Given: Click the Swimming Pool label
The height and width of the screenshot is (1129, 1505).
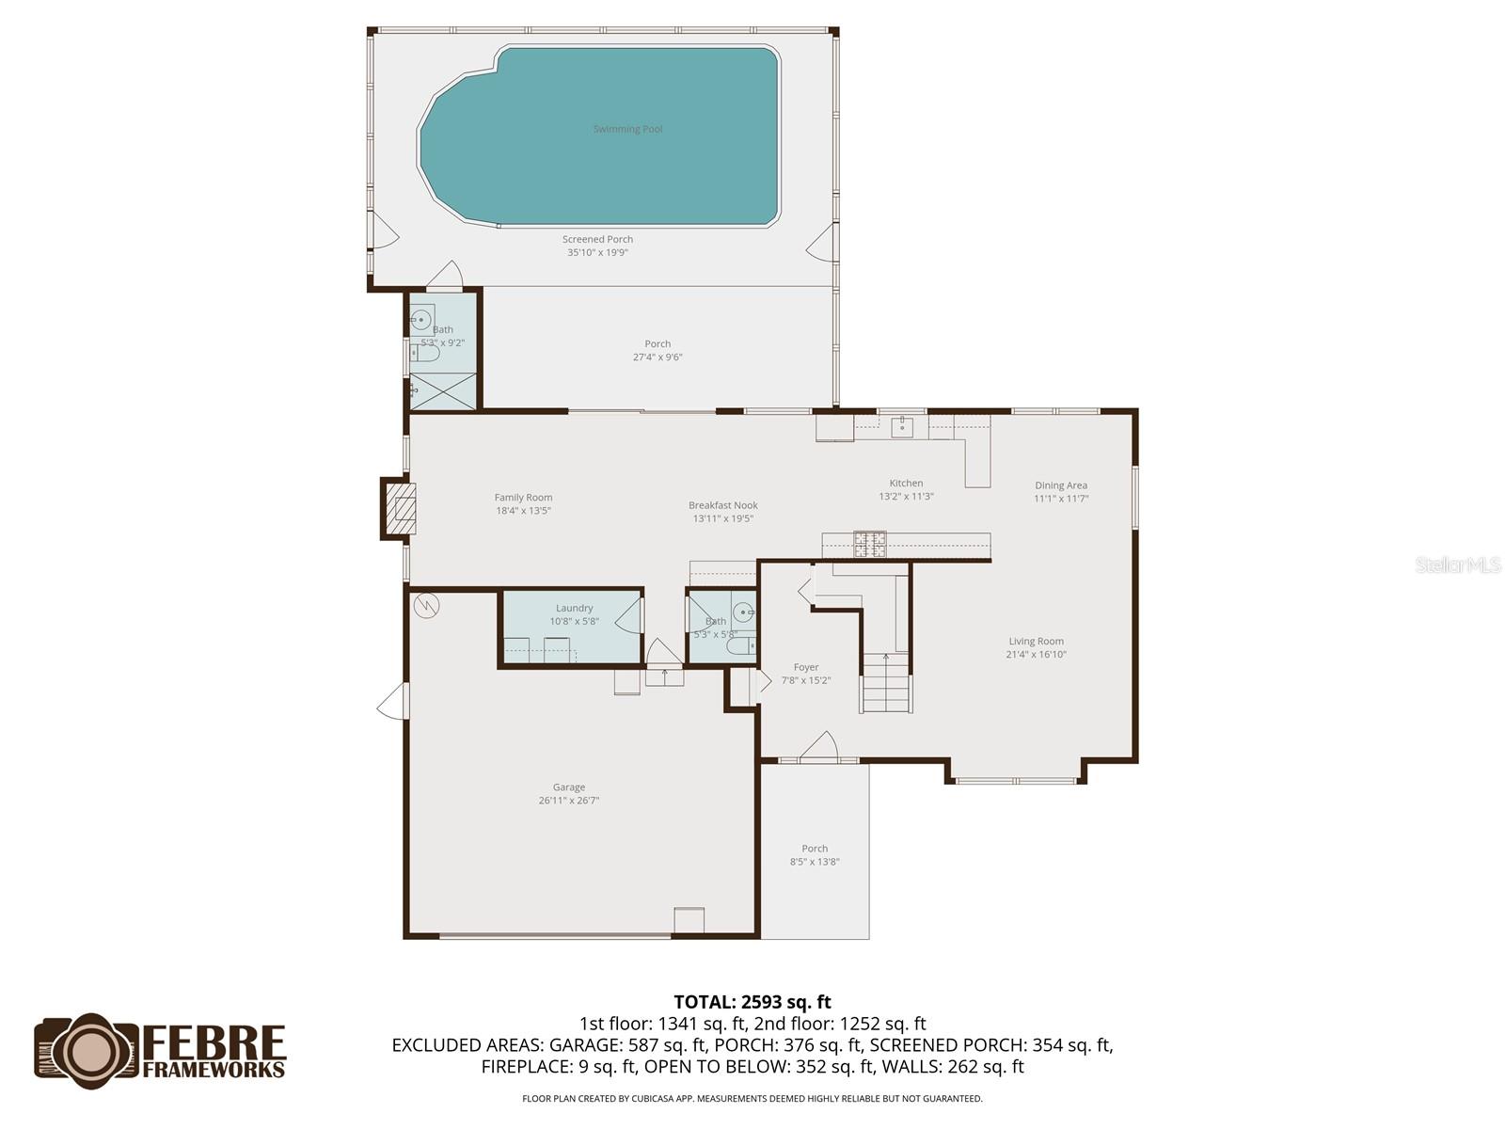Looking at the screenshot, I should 627,129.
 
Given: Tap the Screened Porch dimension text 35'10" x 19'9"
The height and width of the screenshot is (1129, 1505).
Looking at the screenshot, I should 597,252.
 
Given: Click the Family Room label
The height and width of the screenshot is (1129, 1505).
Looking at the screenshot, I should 523,498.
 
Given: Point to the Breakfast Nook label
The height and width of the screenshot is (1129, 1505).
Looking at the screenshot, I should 722,505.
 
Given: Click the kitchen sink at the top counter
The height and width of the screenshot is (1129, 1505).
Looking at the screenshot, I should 903,427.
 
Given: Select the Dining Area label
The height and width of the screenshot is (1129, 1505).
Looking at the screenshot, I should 1061,485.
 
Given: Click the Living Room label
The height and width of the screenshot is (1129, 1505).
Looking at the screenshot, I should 1036,642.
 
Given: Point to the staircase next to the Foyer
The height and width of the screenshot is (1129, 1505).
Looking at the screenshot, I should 886,682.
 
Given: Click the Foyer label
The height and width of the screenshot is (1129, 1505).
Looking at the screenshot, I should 806,667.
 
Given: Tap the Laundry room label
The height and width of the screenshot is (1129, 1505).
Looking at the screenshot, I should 574,608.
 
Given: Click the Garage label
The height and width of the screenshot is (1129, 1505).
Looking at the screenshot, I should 568,787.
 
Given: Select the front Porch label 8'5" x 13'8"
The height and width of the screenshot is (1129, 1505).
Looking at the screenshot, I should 815,854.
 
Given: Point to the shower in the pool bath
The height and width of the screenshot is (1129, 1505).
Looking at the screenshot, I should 443,390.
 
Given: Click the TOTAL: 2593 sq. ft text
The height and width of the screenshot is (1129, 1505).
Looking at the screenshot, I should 752,1002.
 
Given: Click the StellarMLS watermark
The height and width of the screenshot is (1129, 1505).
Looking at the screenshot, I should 1458,564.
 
